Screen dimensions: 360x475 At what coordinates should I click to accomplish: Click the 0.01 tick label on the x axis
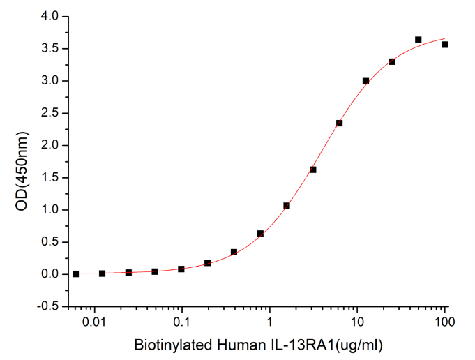[94, 322]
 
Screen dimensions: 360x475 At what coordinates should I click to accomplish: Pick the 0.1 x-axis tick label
[182, 322]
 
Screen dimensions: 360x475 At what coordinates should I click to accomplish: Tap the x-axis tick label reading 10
[357, 322]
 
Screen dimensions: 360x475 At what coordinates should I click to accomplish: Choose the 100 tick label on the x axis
[444, 322]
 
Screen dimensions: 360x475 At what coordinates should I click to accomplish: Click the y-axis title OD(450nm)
[20, 161]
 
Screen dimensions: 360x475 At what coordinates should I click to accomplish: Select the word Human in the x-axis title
[229, 345]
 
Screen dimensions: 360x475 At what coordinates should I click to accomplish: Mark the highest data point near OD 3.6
[418, 40]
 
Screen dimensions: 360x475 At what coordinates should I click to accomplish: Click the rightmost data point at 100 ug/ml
[444, 45]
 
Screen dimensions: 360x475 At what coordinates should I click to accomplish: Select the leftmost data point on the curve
[75, 273]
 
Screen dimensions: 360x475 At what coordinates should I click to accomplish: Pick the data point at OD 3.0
[365, 81]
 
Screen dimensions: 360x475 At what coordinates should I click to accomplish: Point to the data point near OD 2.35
[339, 123]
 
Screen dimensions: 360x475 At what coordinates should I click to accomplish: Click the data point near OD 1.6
[313, 170]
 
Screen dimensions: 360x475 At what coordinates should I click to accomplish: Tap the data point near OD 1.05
[287, 206]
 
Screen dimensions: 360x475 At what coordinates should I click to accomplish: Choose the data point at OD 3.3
[392, 61]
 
